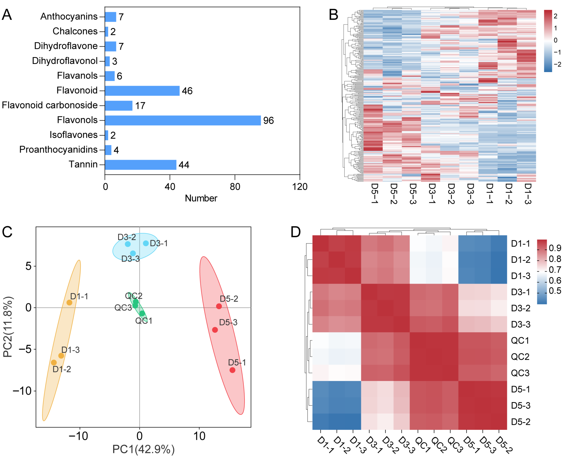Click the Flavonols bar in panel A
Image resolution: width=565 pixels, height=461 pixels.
[x=183, y=120]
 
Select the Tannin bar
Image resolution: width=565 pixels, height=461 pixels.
[x=141, y=165]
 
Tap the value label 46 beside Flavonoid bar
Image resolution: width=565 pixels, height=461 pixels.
[x=187, y=91]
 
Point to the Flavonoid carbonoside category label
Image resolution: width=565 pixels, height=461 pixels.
[x=50, y=105]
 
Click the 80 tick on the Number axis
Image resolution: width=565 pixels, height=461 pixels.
[x=235, y=187]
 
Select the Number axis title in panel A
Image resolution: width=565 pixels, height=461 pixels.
[x=201, y=198]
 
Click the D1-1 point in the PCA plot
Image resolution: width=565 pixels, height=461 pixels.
[x=69, y=303]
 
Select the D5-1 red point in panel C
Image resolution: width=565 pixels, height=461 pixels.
[x=232, y=370]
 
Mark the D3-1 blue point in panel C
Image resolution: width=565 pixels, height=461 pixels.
[x=146, y=243]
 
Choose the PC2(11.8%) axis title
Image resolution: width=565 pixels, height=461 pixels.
[x=8, y=327]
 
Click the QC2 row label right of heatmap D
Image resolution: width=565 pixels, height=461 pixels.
[x=520, y=357]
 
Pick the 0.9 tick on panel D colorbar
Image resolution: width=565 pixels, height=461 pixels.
[x=555, y=248]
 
